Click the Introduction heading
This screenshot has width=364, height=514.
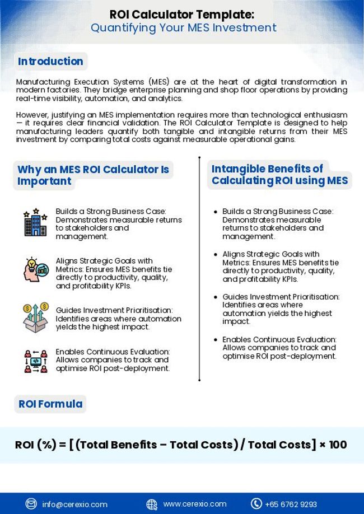50,62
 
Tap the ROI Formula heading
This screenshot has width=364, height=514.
50,404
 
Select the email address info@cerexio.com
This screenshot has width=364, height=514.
74,504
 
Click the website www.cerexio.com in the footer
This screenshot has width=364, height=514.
195,504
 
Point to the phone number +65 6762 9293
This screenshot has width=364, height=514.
291,504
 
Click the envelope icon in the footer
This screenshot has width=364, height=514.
31,504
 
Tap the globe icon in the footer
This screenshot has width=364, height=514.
152,504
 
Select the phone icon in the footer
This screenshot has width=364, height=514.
256,504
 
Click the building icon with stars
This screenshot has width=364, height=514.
35,223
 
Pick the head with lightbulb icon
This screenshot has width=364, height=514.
35,270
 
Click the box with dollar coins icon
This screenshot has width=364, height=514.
35,317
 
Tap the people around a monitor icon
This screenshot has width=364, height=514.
35,361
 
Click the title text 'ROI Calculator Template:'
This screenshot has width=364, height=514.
182,14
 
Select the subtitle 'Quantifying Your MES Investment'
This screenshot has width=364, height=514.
183,28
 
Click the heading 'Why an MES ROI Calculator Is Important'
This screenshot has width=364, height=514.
92,175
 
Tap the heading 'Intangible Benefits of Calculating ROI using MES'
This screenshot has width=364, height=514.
279,175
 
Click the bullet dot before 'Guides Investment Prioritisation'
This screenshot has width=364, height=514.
216,297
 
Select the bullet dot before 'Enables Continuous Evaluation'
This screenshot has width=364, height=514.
216,340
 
